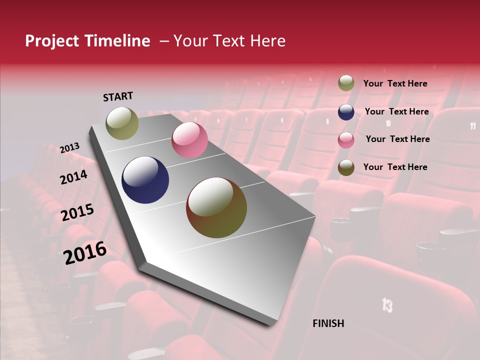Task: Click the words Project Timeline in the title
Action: [x=87, y=41]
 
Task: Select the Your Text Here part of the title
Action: [x=229, y=41]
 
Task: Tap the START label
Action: [x=118, y=96]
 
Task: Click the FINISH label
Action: [x=328, y=323]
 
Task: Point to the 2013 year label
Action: [x=69, y=148]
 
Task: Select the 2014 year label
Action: [x=73, y=177]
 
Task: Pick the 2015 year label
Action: [x=77, y=212]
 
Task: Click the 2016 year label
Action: [x=84, y=252]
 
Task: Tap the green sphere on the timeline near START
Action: [x=122, y=123]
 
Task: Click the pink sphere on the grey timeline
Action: [x=189, y=140]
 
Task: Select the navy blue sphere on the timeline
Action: [x=145, y=180]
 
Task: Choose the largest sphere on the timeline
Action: [x=216, y=207]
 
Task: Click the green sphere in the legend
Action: [x=346, y=83]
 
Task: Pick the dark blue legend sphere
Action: [x=346, y=112]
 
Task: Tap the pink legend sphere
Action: [x=346, y=140]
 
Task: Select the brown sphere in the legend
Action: [x=346, y=167]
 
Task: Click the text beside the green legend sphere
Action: [x=395, y=84]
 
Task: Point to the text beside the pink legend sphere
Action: [x=397, y=139]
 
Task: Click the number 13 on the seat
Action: [x=387, y=305]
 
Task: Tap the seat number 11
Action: [x=472, y=126]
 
